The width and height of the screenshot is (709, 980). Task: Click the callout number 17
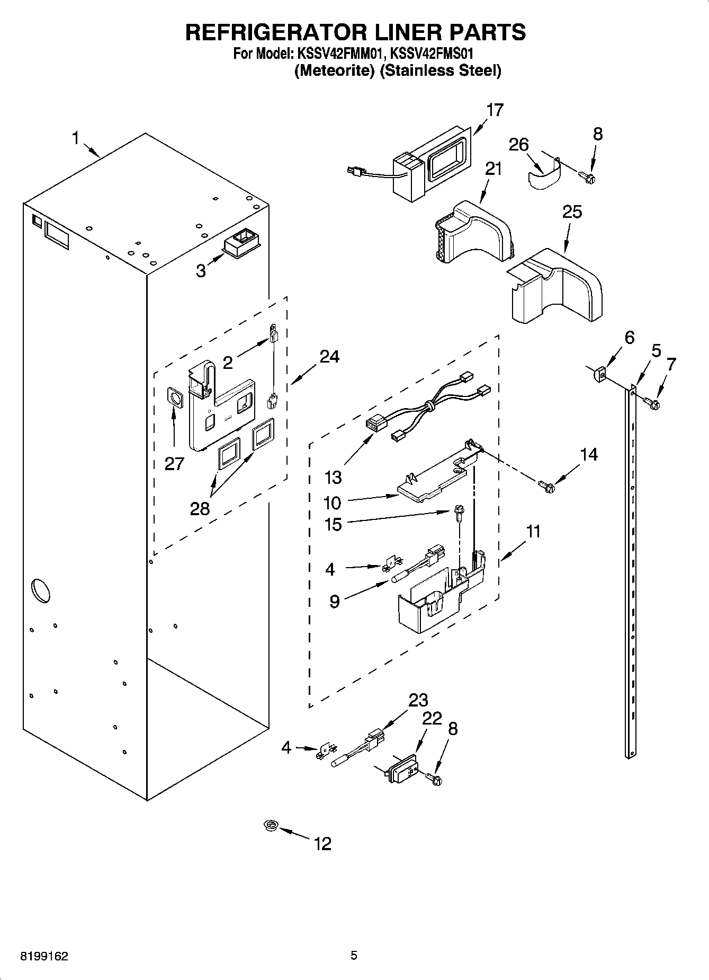495,110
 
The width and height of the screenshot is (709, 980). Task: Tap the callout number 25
572,212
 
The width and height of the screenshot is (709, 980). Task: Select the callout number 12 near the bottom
322,843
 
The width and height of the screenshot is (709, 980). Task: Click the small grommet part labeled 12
271,825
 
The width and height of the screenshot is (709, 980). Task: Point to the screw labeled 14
545,485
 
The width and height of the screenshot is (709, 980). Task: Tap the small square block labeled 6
598,375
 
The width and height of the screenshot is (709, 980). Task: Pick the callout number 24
329,357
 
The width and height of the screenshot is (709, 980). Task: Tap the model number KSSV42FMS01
432,54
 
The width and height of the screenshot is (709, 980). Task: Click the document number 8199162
44,957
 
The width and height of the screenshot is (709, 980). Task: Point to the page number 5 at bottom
354,956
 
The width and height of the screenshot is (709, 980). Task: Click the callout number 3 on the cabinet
201,271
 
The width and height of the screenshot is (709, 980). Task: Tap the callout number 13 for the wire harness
334,477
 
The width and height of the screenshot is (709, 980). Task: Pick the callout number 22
432,719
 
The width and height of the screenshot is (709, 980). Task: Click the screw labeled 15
457,511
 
